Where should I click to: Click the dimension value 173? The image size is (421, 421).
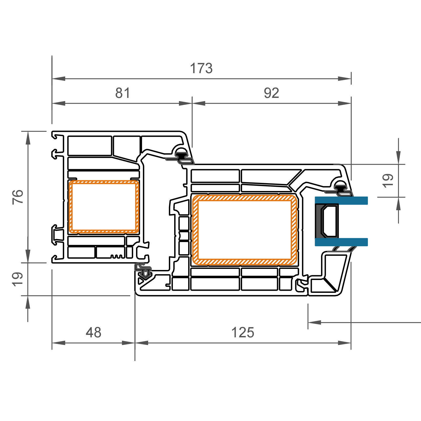tap(201, 68)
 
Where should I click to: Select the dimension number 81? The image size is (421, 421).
tap(123, 93)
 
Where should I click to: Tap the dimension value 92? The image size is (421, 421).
tap(271, 93)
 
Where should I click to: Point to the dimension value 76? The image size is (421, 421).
tap(18, 197)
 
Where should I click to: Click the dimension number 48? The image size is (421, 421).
tap(93, 333)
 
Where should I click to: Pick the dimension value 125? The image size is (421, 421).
tap(243, 333)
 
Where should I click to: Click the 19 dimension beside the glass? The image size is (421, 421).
tap(388, 181)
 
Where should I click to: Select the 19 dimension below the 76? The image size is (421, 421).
tap(17, 279)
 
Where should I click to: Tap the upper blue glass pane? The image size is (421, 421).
tap(341, 201)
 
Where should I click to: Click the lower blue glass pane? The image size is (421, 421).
tap(341, 242)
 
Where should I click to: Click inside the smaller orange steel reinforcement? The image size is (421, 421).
tap(104, 207)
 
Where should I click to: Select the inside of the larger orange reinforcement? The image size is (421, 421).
tap(245, 230)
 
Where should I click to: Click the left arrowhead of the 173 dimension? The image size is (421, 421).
tap(58, 79)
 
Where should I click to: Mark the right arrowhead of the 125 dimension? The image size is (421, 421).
tap(344, 343)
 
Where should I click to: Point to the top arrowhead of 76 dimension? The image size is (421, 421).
tap(28, 138)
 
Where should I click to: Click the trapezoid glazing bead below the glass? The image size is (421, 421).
tap(334, 272)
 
